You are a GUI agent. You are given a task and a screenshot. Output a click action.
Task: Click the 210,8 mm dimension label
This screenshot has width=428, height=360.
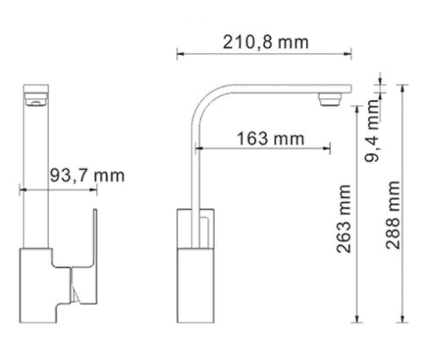(263, 42)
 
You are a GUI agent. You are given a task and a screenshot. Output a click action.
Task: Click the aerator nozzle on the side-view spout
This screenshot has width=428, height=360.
(329, 98)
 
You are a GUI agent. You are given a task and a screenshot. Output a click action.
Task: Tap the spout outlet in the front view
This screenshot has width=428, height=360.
(34, 103)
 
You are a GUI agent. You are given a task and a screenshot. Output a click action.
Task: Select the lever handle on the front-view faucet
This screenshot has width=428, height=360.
(91, 239)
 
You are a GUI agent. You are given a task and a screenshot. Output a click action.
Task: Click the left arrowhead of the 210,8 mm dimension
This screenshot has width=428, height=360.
(179, 53)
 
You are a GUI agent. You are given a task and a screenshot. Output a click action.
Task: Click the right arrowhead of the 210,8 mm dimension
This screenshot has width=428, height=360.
(350, 53)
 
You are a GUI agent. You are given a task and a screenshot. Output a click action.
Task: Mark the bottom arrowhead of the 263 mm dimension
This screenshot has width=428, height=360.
(357, 319)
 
